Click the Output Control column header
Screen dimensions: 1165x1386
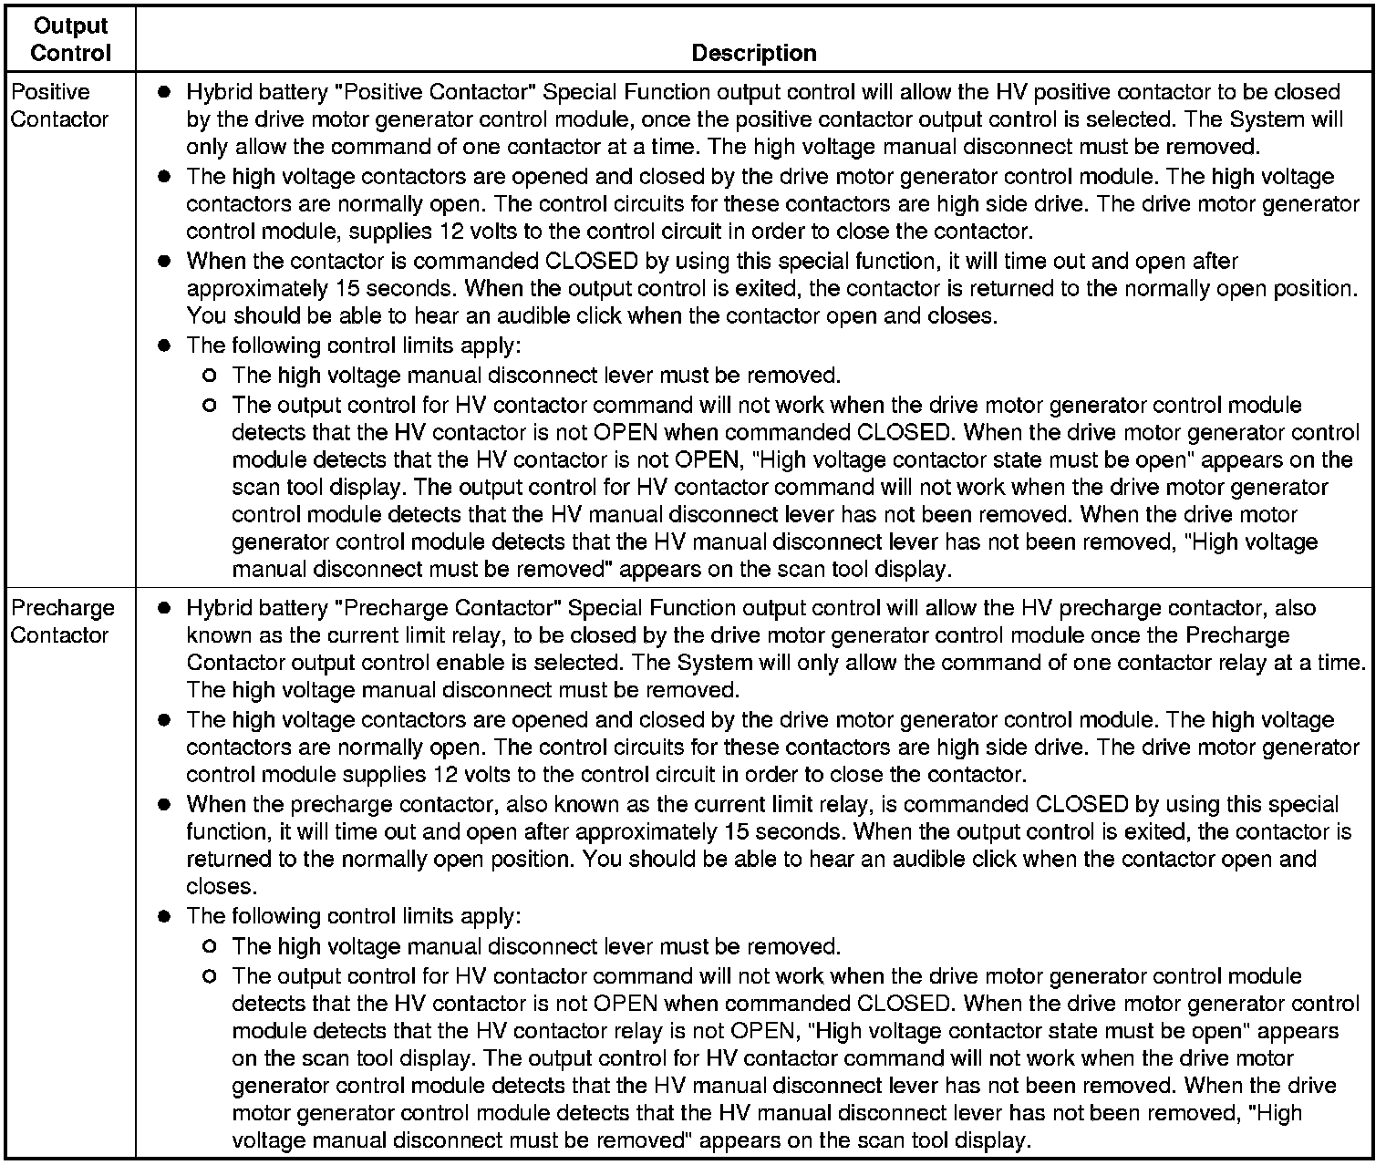(x=70, y=39)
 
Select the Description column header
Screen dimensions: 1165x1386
(x=753, y=53)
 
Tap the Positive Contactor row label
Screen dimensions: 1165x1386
(x=59, y=106)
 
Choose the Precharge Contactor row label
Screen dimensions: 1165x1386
(x=62, y=622)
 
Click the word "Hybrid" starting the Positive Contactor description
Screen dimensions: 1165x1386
(x=218, y=92)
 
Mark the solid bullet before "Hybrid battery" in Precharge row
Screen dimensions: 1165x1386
(x=164, y=608)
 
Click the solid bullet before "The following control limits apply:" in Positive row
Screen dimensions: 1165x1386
(x=164, y=346)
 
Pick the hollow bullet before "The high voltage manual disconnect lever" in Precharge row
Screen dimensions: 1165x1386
(x=211, y=947)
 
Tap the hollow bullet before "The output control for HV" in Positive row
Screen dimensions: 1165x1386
(x=211, y=405)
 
